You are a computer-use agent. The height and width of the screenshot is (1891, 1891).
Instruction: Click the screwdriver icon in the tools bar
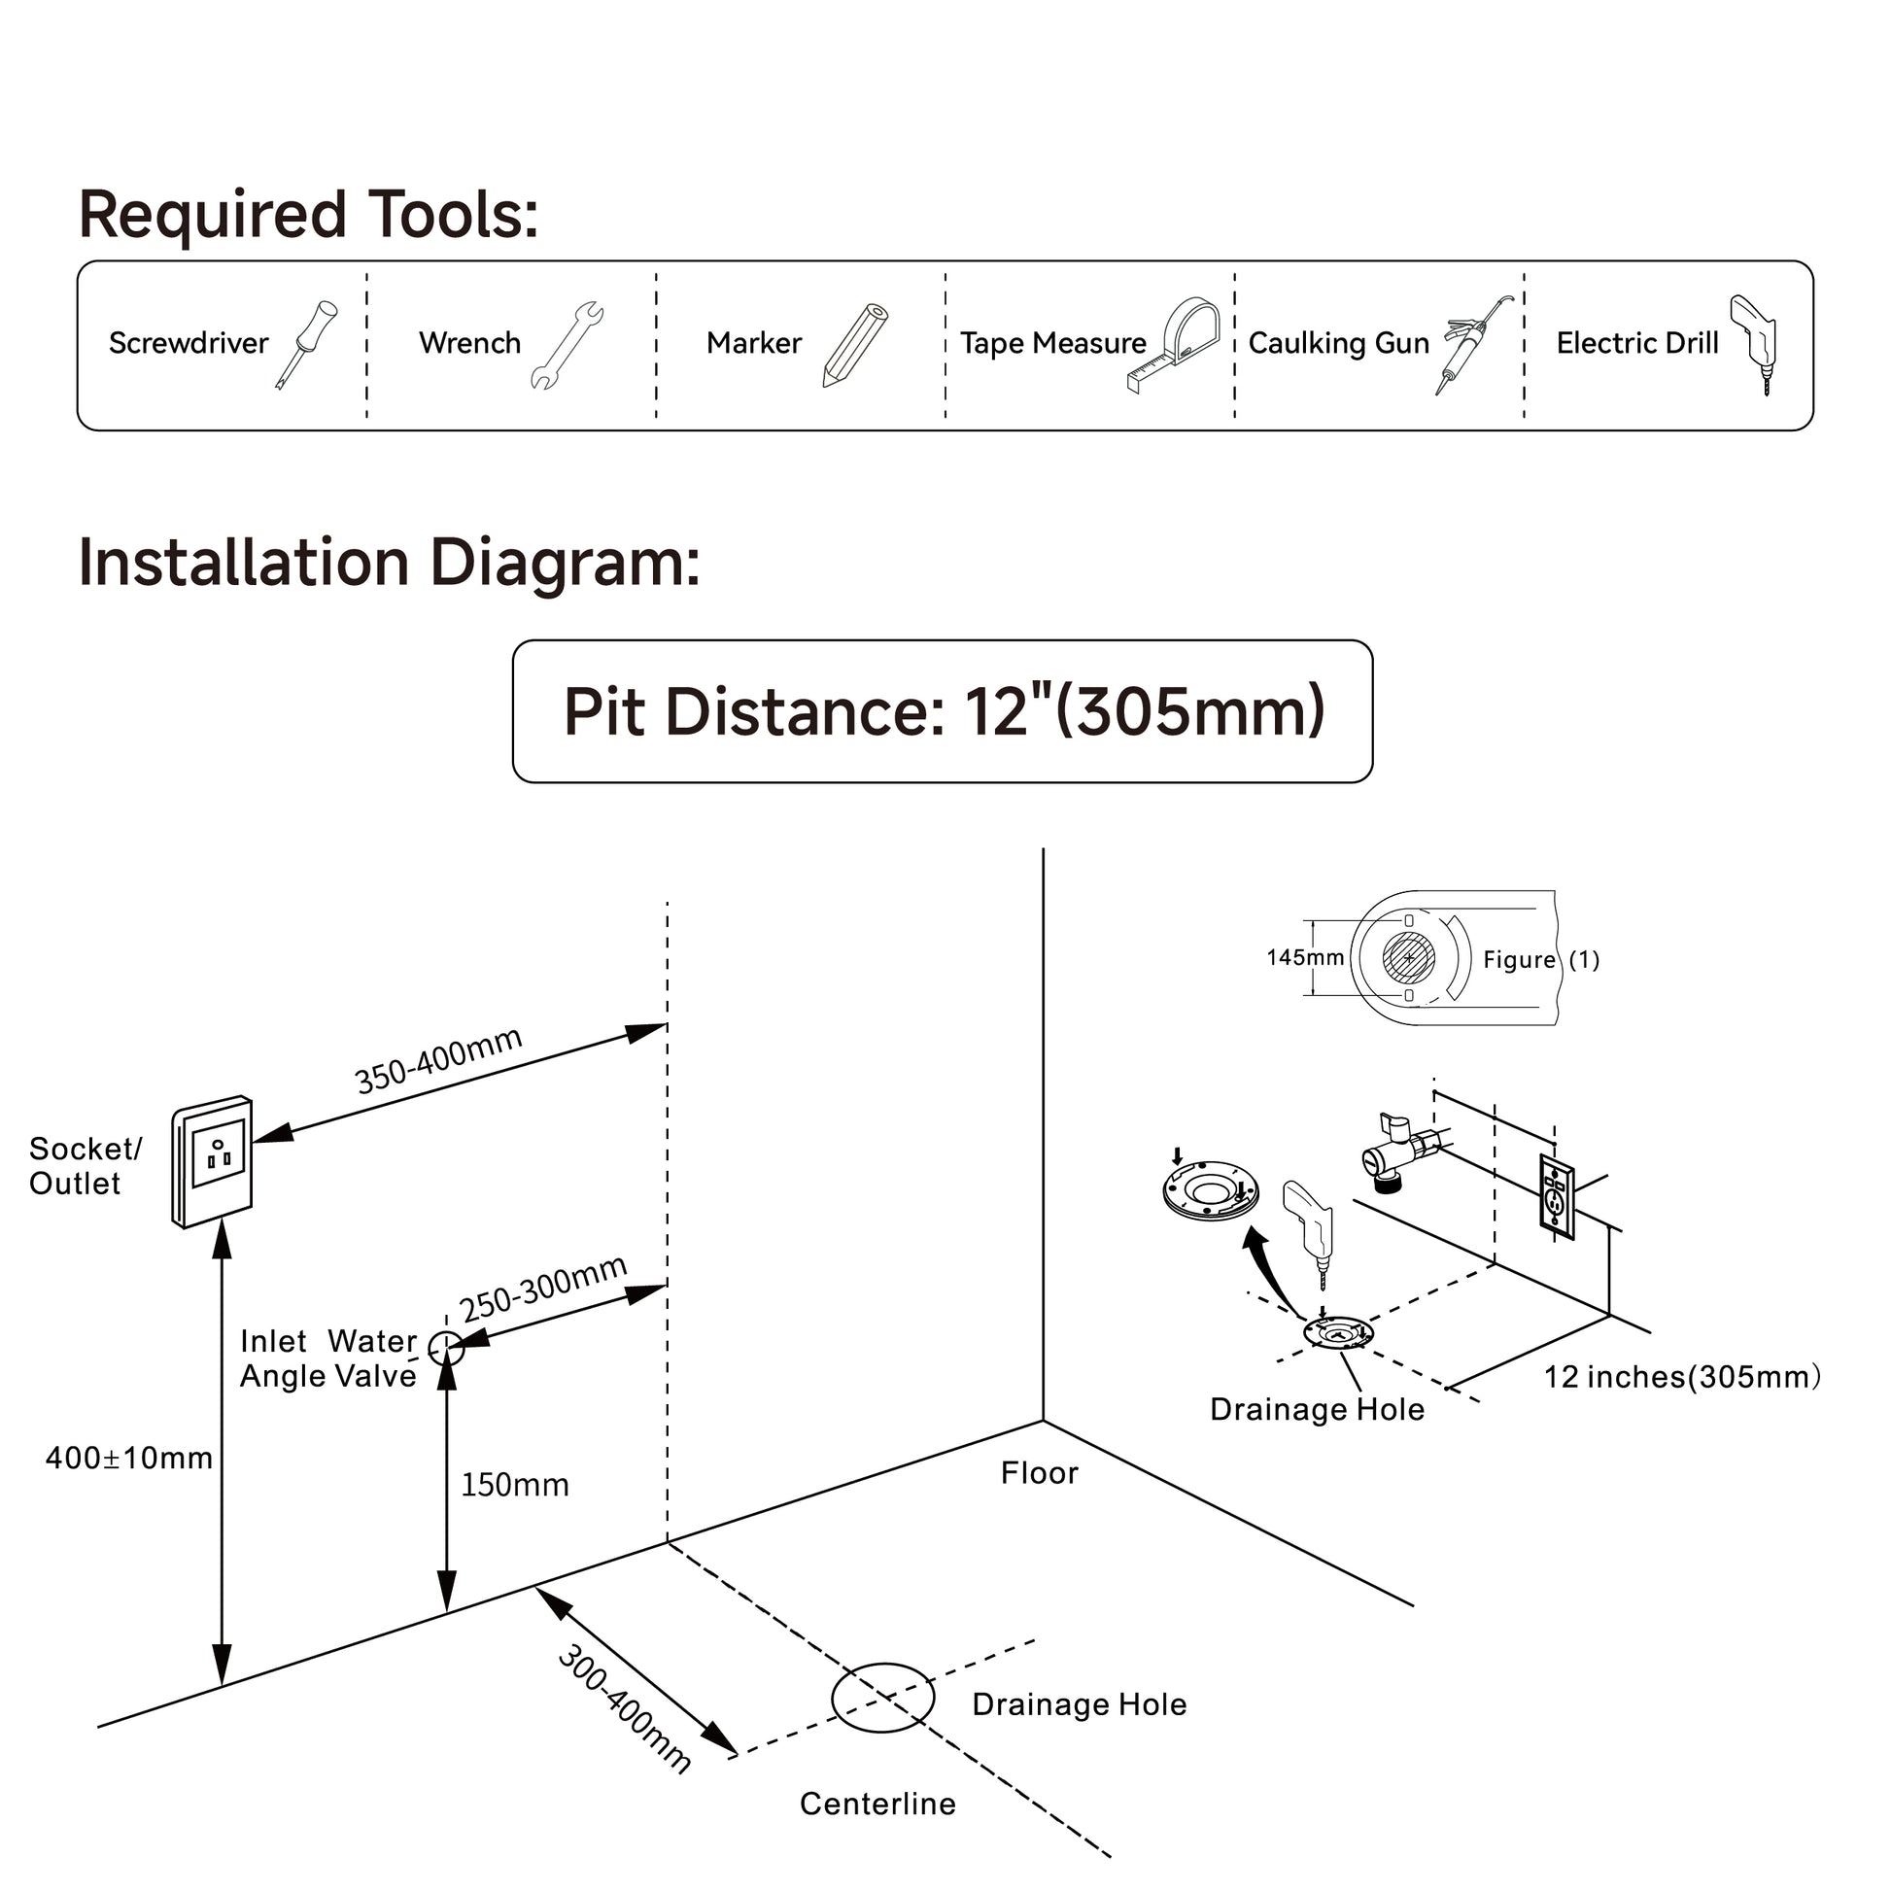(x=305, y=345)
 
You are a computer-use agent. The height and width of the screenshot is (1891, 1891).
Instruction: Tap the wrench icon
(x=567, y=345)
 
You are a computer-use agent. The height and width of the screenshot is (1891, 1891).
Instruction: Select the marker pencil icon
(x=854, y=345)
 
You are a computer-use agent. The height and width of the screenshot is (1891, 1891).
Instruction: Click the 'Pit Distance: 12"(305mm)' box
(x=943, y=711)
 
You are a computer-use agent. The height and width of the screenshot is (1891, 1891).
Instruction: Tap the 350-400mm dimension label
(x=437, y=1060)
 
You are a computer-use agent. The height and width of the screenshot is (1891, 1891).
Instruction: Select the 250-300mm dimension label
(x=543, y=1289)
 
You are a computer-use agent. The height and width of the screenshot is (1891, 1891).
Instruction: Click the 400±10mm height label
(x=129, y=1459)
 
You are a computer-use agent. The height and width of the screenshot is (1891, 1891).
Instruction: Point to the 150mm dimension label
(x=515, y=1486)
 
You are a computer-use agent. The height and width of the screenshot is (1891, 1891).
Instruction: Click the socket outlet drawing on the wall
(x=214, y=1161)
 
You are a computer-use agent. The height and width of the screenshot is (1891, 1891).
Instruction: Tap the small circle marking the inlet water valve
(x=446, y=1349)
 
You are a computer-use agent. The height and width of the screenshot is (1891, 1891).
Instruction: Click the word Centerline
(x=877, y=1804)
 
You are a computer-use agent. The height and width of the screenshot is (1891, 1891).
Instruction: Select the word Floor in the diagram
(x=1039, y=1474)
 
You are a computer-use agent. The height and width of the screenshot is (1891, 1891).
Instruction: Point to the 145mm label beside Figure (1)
(x=1305, y=958)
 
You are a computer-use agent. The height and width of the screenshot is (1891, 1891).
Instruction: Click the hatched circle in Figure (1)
(x=1408, y=957)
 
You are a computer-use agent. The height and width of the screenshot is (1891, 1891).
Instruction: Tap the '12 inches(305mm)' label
(x=1681, y=1378)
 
